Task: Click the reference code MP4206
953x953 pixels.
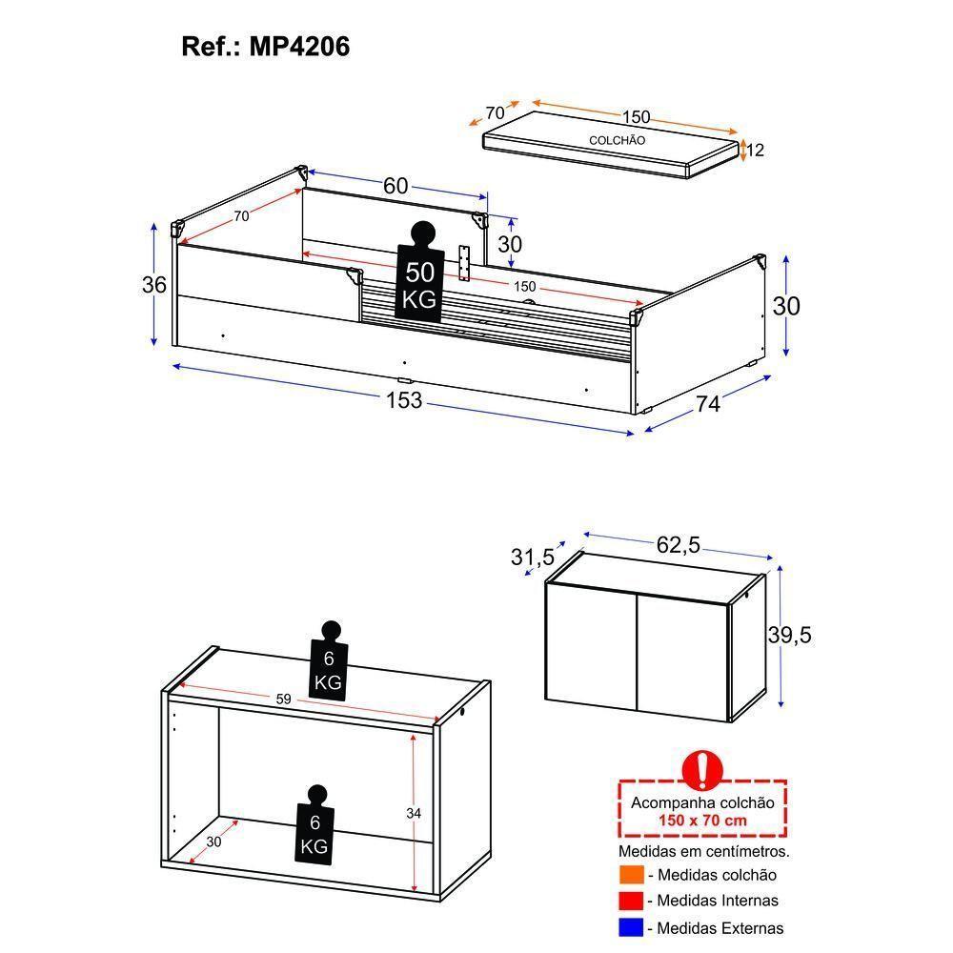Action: click(x=299, y=46)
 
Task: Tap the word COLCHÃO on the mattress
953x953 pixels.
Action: click(x=617, y=140)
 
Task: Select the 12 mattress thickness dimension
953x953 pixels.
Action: click(x=755, y=151)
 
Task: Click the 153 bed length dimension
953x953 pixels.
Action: click(x=404, y=400)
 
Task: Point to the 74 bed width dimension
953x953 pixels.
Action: click(x=708, y=403)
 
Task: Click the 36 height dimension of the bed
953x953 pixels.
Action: click(x=153, y=284)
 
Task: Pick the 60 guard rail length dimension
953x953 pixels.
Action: click(x=395, y=186)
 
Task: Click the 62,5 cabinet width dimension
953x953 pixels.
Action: click(x=679, y=544)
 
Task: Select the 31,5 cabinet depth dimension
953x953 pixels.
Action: click(x=533, y=557)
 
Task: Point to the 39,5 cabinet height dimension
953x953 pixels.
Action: click(x=789, y=635)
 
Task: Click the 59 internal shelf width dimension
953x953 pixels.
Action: click(x=284, y=699)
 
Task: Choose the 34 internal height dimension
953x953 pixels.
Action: click(x=414, y=813)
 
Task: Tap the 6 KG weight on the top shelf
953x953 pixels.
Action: click(x=329, y=660)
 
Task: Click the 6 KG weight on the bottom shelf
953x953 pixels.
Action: click(x=314, y=824)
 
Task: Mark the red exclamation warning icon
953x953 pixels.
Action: click(x=702, y=770)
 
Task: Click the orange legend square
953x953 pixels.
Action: click(x=632, y=875)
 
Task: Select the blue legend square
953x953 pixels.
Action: click(x=632, y=927)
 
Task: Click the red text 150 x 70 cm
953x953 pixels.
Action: click(x=702, y=821)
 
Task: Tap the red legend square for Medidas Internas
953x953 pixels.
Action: click(x=632, y=901)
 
